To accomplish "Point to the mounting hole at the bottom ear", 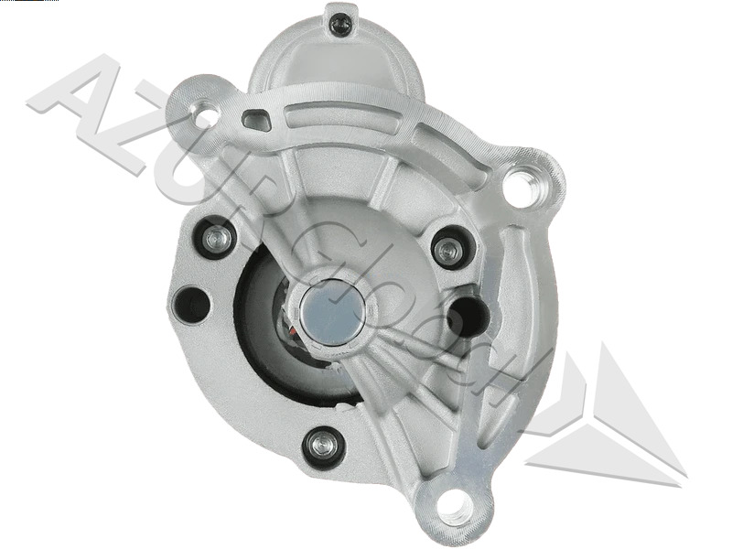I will click(452, 502).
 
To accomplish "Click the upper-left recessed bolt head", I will click(217, 238).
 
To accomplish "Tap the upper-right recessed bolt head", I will click(447, 248).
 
